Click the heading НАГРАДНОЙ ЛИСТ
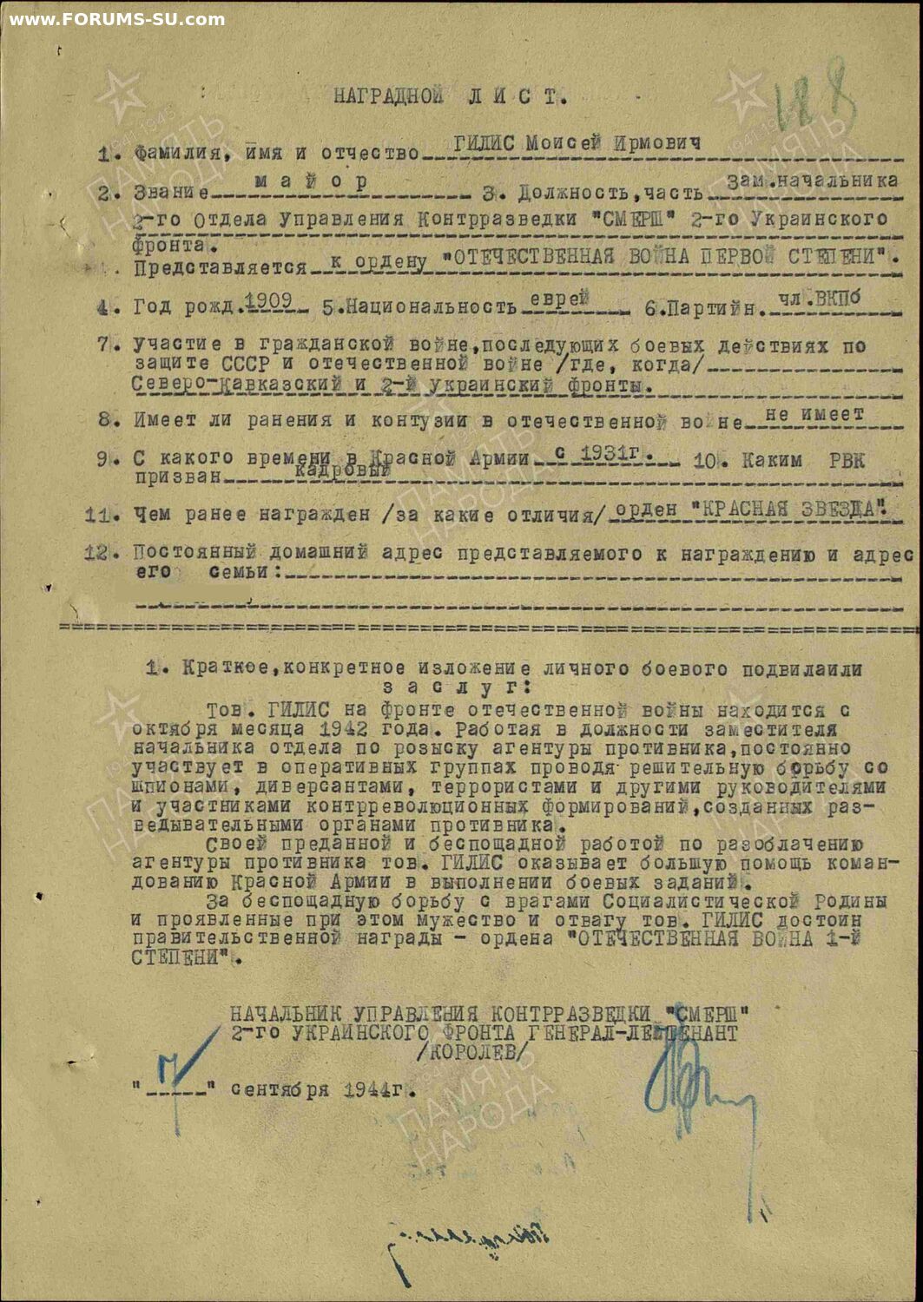450,96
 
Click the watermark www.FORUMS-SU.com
116,19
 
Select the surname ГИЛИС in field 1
486,143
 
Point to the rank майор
311,181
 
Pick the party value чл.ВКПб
819,298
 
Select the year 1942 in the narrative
343,728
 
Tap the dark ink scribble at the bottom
469,1241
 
